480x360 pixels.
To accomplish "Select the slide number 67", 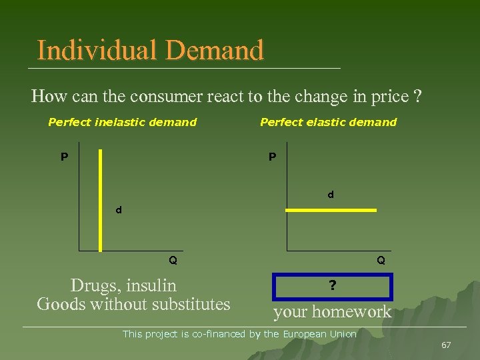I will coord(446,345).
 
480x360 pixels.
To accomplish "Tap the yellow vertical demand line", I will coord(100,200).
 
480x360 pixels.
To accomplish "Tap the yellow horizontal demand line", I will coord(331,210).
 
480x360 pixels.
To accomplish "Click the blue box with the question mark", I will coord(333,287).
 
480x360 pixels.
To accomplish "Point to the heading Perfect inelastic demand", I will coord(122,122).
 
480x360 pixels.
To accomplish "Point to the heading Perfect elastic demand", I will coord(328,122).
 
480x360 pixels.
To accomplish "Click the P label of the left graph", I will coord(64,157).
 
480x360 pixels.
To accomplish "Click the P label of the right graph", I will coord(272,157).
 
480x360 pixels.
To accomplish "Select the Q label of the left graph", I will coord(173,260).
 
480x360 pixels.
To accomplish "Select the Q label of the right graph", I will coord(381,260).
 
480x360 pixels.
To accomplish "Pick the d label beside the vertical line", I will coord(119,209).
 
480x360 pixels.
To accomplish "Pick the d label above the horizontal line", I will coord(330,195).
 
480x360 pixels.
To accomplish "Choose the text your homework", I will coord(332,311).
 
